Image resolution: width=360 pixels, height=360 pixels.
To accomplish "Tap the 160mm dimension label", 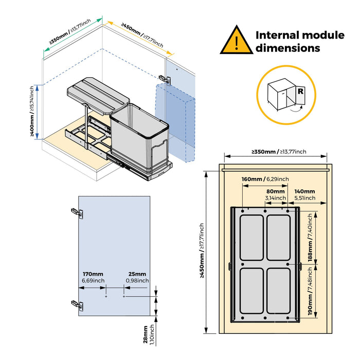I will [x=252, y=179].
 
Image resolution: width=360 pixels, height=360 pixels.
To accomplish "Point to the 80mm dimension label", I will [x=275, y=191].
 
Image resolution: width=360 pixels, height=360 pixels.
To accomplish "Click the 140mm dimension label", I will [x=304, y=191].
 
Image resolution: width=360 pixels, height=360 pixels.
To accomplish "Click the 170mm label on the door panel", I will [x=93, y=274].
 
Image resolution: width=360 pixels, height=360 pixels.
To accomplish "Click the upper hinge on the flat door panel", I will [x=76, y=211].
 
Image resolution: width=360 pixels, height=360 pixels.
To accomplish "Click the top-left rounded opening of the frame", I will [x=253, y=238].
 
